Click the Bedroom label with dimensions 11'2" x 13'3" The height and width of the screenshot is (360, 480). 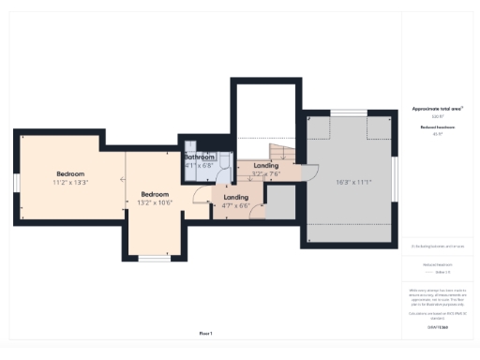coord(70,174)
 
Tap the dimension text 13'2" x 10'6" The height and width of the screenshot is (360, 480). coord(156,202)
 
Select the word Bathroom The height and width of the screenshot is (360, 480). coord(200,157)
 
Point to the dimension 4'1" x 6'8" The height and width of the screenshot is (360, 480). coord(200,165)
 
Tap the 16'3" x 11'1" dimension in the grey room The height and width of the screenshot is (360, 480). coord(349,183)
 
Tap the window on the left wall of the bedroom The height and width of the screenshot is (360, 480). coord(16,201)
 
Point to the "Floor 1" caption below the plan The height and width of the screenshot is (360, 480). coord(205,334)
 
